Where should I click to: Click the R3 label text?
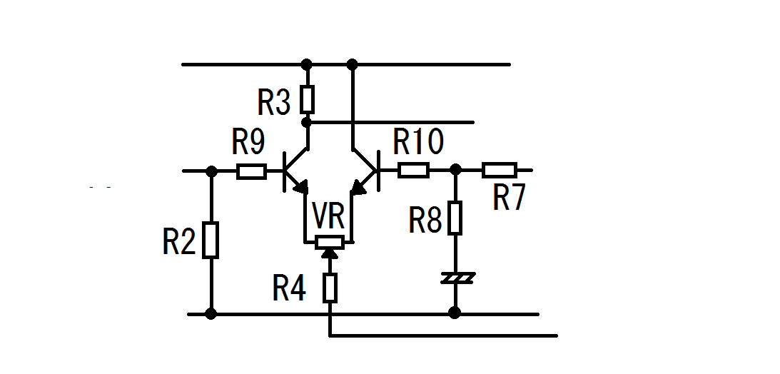point(274,103)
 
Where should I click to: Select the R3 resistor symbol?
point(308,99)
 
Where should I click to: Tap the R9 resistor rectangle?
point(251,171)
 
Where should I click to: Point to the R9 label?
point(248,142)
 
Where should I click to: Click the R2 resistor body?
point(211,241)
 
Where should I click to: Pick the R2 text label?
point(179,242)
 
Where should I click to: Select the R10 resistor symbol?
point(413,171)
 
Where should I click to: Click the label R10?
point(418,142)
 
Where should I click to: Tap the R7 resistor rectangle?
point(500,170)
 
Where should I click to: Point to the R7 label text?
point(509,198)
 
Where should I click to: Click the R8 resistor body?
point(455,218)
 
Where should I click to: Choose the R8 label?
point(425,220)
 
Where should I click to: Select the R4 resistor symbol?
point(330,288)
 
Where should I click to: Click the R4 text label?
point(289,288)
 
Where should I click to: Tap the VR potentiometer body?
point(329,242)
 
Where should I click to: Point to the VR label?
point(328,216)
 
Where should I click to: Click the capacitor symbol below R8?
point(458,278)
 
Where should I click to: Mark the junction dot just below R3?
point(307,121)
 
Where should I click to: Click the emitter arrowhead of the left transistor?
point(301,187)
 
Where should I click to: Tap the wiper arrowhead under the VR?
point(329,253)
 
